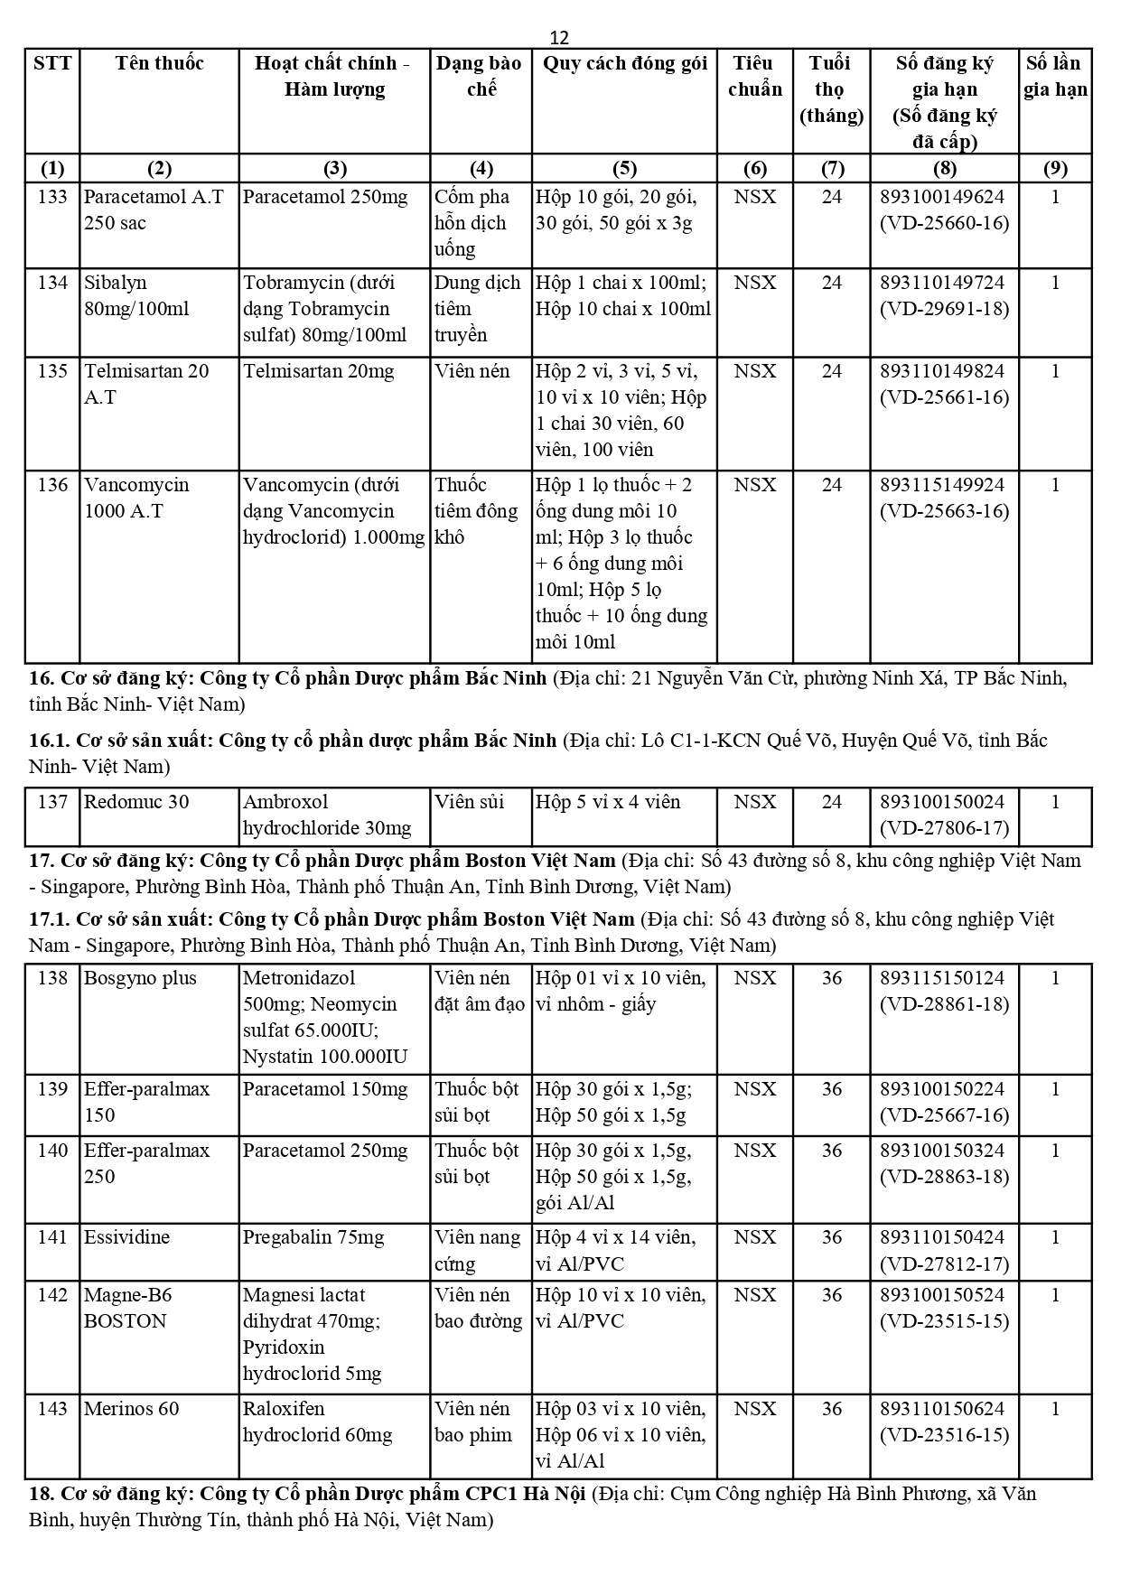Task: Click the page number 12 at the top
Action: click(x=559, y=37)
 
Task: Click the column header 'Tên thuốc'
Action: click(x=159, y=63)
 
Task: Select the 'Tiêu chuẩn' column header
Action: click(x=754, y=76)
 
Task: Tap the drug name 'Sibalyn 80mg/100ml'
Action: click(x=136, y=295)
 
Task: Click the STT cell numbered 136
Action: click(x=52, y=485)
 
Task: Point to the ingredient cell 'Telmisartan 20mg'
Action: click(x=318, y=371)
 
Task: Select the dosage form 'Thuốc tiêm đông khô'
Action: click(x=476, y=511)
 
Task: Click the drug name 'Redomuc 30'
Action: click(x=136, y=802)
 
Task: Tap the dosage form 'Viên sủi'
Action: click(x=469, y=802)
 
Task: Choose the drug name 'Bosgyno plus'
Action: click(x=140, y=978)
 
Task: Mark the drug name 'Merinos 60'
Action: click(x=132, y=1409)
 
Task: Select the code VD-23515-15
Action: click(x=944, y=1321)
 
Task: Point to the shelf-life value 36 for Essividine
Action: click(x=831, y=1237)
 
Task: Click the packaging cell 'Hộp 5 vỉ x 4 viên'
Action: click(x=608, y=802)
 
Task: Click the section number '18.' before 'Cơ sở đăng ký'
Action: click(x=42, y=1494)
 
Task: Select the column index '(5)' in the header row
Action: click(x=624, y=169)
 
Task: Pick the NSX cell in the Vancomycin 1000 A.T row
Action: click(x=754, y=485)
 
